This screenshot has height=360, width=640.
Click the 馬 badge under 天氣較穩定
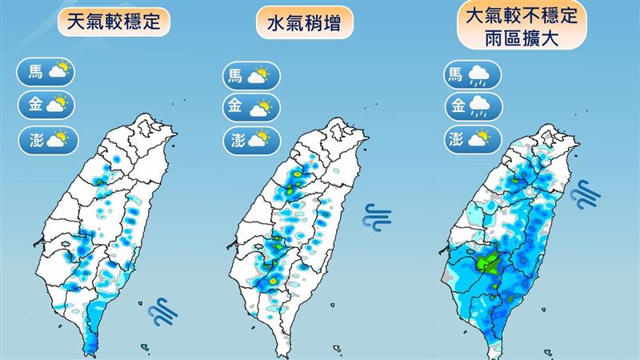tap(47, 73)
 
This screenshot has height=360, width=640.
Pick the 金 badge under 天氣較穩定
tap(47, 105)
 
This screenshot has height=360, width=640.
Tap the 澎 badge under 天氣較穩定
tap(47, 138)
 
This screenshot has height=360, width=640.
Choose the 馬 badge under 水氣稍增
tap(248, 77)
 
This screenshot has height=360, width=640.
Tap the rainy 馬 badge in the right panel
tap(472, 76)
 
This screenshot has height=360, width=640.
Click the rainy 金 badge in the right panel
tap(472, 106)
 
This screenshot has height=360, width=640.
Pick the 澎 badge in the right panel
tap(472, 138)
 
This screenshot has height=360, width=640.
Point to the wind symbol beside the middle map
tap(374, 216)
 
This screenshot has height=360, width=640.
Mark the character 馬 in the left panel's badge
tap(36, 73)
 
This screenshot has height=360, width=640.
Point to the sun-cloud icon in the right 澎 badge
tap(480, 138)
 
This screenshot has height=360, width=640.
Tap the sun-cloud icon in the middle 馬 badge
tap(258, 77)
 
